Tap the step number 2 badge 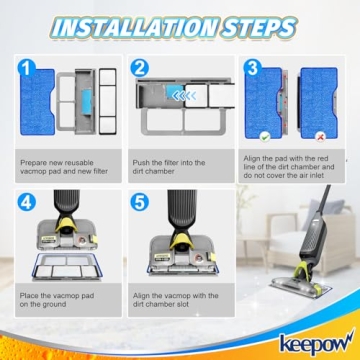coord(139,69)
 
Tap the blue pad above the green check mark coord(263,104)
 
